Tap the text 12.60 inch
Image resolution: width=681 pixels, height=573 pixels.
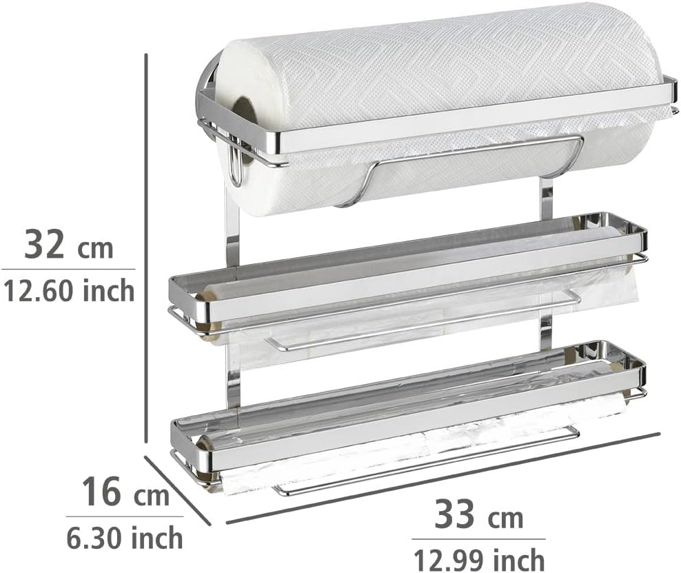69,290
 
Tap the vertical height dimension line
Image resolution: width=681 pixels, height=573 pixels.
146,248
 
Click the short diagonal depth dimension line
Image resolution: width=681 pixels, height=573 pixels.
178,490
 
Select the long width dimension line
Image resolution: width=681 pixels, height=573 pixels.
443,478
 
